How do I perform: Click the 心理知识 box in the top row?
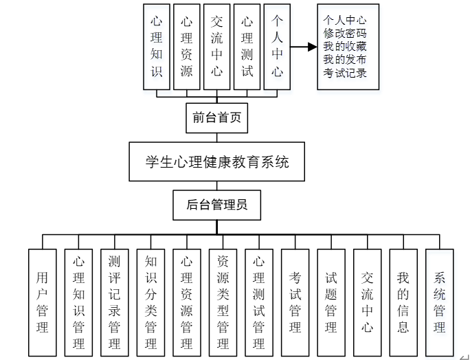157,46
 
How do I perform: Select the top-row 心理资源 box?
187,46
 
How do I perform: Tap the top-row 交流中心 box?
217,46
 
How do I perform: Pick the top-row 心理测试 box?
247,46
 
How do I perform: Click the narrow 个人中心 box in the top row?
278,46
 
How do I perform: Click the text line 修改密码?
345,33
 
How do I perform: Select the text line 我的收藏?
345,47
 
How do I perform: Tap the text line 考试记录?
345,74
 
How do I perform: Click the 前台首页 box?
217,118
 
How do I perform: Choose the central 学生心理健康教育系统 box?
217,162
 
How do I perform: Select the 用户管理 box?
43,302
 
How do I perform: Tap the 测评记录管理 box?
115,302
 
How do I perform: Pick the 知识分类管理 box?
151,302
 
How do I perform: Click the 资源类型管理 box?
223,302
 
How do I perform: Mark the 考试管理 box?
295,302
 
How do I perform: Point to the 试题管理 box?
331,302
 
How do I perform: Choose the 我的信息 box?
403,302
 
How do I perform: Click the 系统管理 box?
440,302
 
